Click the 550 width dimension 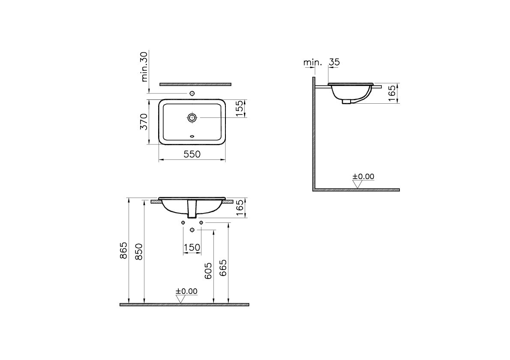pyautogui.click(x=192, y=154)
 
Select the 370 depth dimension pyautogui.click(x=144, y=122)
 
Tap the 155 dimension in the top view pyautogui.click(x=240, y=108)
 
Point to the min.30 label pyautogui.click(x=144, y=67)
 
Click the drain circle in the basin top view pyautogui.click(x=192, y=117)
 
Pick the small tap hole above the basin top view pyautogui.click(x=192, y=94)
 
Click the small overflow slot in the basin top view pyautogui.click(x=192, y=137)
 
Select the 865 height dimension pyautogui.click(x=123, y=250)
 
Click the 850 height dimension pyautogui.click(x=138, y=252)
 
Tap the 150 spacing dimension pyautogui.click(x=192, y=248)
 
